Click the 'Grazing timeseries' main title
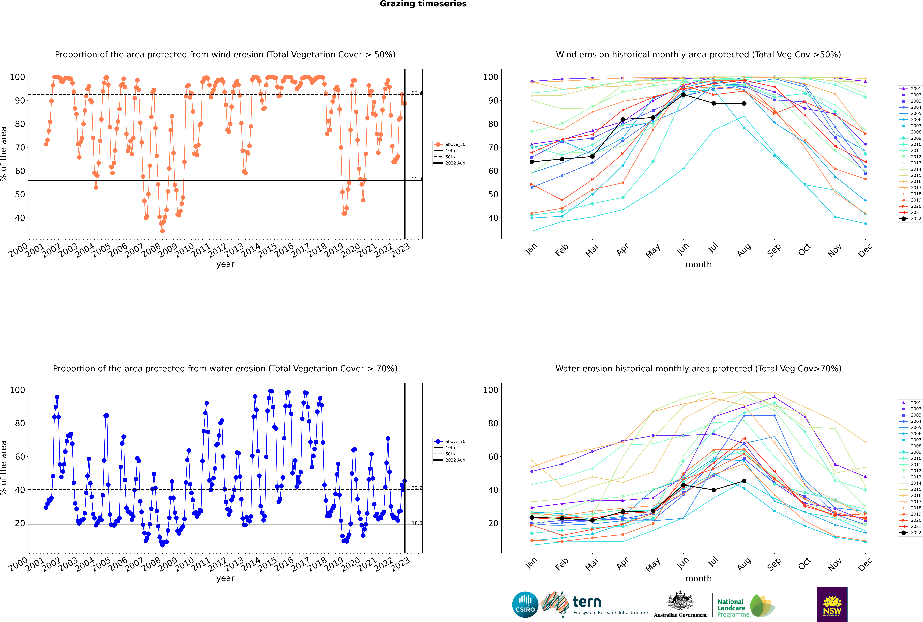(x=423, y=4)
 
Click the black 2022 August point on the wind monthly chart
(x=744, y=104)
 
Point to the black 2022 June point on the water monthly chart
(x=683, y=485)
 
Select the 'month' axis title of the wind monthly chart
(x=698, y=265)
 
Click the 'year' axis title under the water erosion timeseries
(x=225, y=578)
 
